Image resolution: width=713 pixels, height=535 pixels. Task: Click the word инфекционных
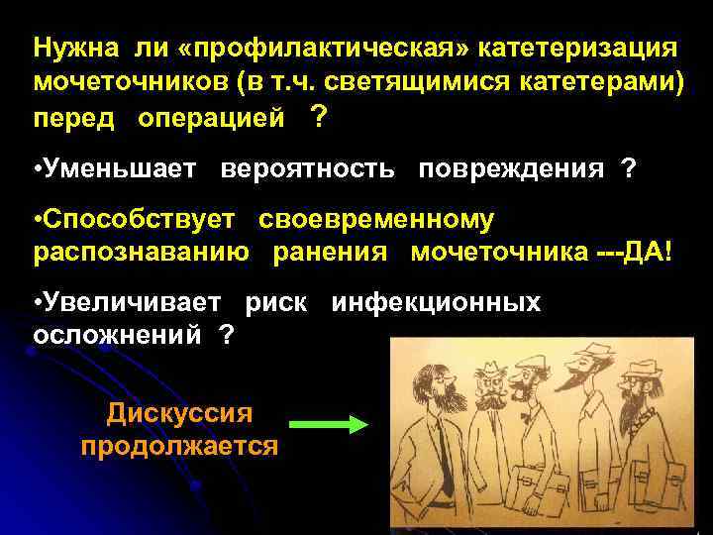[x=437, y=303]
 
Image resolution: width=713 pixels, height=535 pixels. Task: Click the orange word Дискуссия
[x=179, y=412]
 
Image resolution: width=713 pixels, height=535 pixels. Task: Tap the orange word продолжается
[x=179, y=445]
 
